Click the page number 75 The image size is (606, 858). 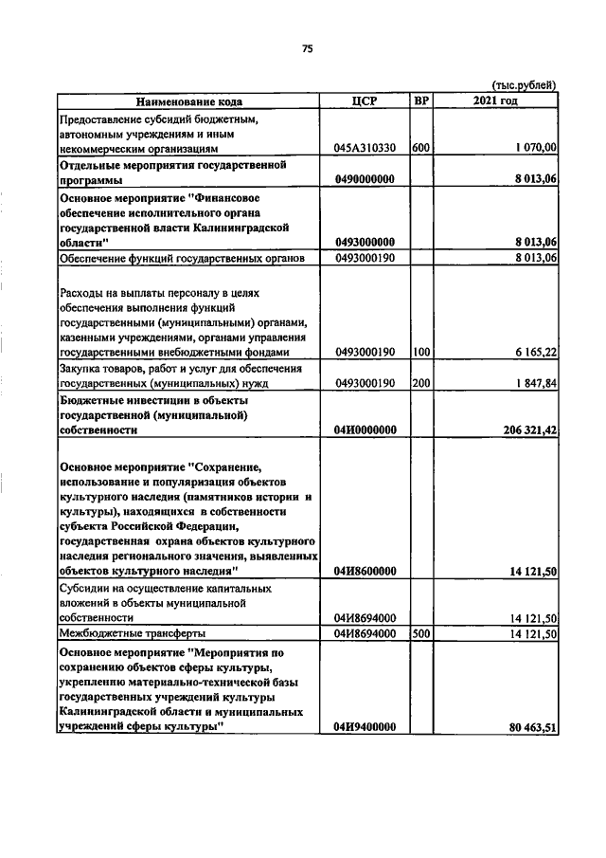coord(307,50)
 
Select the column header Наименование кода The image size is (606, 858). coord(188,101)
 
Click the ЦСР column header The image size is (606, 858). coord(365,101)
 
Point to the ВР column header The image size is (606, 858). coord(421,101)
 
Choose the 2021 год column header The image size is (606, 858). coord(496,101)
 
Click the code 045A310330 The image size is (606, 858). coord(365,148)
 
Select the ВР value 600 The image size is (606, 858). coord(421,148)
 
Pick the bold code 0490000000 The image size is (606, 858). coord(365,180)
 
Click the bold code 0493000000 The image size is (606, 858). coord(365,243)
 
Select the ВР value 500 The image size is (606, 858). coord(421,633)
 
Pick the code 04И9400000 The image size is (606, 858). coord(365,727)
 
